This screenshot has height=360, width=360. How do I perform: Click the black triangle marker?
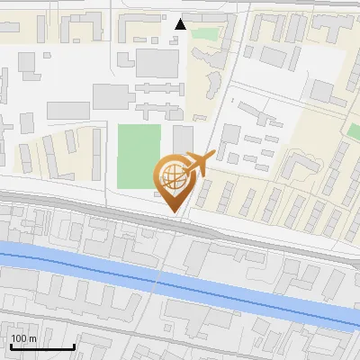[181, 24]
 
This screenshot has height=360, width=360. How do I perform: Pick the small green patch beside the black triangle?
[205, 34]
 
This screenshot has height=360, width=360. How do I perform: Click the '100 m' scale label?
[23, 338]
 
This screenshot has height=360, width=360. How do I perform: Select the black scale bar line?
[42, 347]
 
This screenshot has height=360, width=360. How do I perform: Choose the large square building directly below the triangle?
[158, 62]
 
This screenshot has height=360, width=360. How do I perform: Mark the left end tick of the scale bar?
[11, 346]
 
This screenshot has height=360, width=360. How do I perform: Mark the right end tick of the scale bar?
[74, 346]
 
